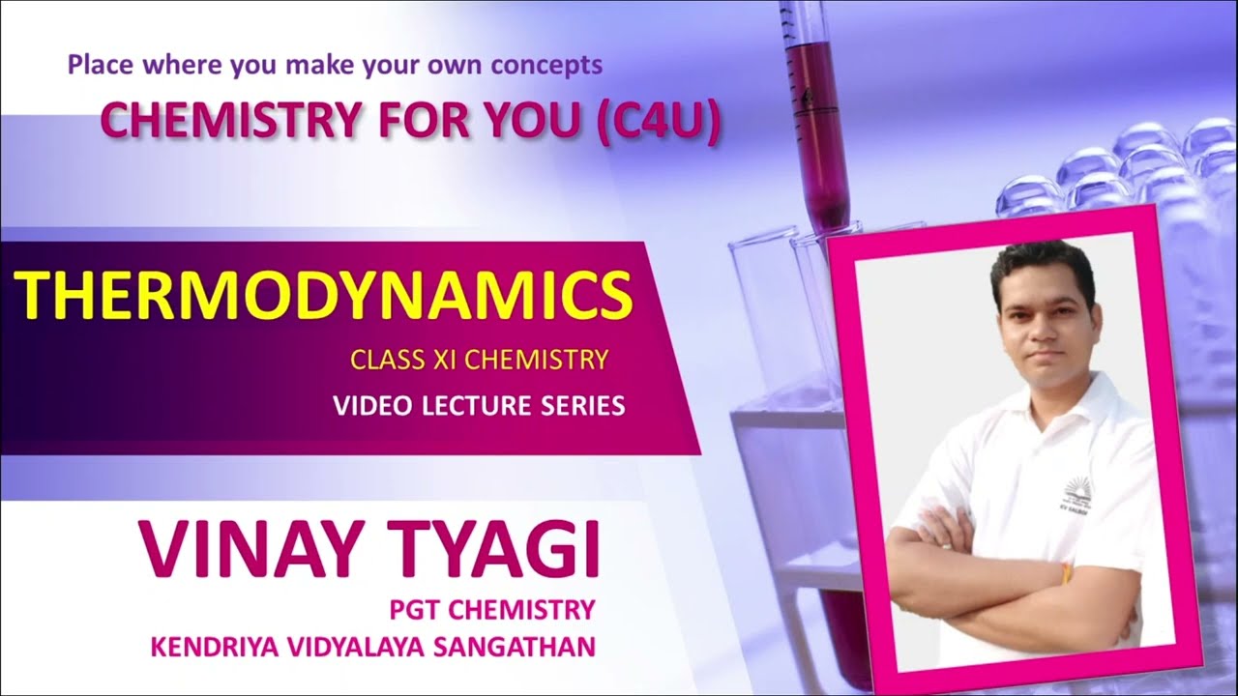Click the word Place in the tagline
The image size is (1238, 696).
[97, 66]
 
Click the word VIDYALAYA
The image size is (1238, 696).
[367, 645]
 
